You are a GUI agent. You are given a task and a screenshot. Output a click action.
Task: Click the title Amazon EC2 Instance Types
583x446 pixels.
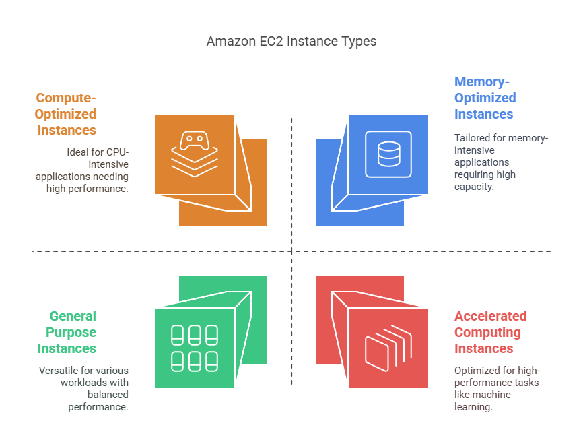pos(291,42)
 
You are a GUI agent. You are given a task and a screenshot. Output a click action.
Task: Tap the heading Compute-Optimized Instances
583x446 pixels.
pos(66,114)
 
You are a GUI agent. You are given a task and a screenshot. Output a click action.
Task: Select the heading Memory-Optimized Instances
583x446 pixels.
pos(485,98)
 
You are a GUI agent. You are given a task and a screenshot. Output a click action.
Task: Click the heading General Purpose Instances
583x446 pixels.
pos(71,332)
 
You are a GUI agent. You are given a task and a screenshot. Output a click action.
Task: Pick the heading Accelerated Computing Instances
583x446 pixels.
pos(490,332)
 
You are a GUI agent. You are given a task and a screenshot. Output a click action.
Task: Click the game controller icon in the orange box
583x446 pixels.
pos(195,143)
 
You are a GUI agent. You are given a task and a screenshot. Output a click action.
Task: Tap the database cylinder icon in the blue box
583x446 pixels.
pos(388,154)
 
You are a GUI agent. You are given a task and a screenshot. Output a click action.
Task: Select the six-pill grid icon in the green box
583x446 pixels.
pos(195,348)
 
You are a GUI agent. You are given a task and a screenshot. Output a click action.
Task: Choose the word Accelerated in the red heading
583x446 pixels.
pos(490,316)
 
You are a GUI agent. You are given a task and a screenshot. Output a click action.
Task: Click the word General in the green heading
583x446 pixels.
pos(72,316)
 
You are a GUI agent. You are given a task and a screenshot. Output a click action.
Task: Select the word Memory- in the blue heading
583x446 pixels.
pos(482,82)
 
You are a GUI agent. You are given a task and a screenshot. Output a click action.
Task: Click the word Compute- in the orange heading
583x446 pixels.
pos(66,98)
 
